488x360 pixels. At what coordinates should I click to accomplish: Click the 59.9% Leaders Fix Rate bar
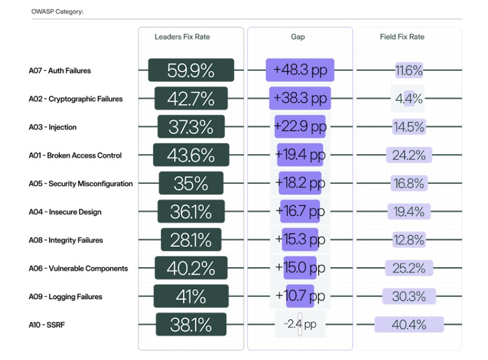click(191, 70)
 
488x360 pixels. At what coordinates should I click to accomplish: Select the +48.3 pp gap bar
click(300, 70)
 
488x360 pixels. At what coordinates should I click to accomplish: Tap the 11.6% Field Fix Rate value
click(409, 71)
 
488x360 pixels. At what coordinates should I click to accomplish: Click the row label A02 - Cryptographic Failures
click(75, 99)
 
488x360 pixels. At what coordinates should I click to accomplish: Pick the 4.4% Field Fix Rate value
click(409, 99)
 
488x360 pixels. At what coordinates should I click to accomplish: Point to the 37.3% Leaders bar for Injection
click(191, 127)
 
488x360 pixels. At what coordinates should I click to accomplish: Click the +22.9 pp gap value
click(300, 127)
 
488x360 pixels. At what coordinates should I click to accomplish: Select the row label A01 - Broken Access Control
click(75, 155)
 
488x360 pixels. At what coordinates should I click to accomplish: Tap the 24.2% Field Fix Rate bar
click(409, 155)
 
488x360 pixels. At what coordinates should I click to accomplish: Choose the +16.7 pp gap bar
click(300, 212)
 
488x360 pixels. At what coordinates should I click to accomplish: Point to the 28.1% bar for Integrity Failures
click(191, 240)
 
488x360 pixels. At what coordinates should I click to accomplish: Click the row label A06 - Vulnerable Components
click(78, 268)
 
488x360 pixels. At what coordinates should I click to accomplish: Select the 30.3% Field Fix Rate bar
click(409, 296)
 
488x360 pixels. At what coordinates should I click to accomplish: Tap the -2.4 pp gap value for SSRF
click(300, 325)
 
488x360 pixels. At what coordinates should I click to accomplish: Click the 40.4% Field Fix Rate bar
click(409, 325)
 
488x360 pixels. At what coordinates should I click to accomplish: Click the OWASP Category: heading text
click(57, 11)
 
